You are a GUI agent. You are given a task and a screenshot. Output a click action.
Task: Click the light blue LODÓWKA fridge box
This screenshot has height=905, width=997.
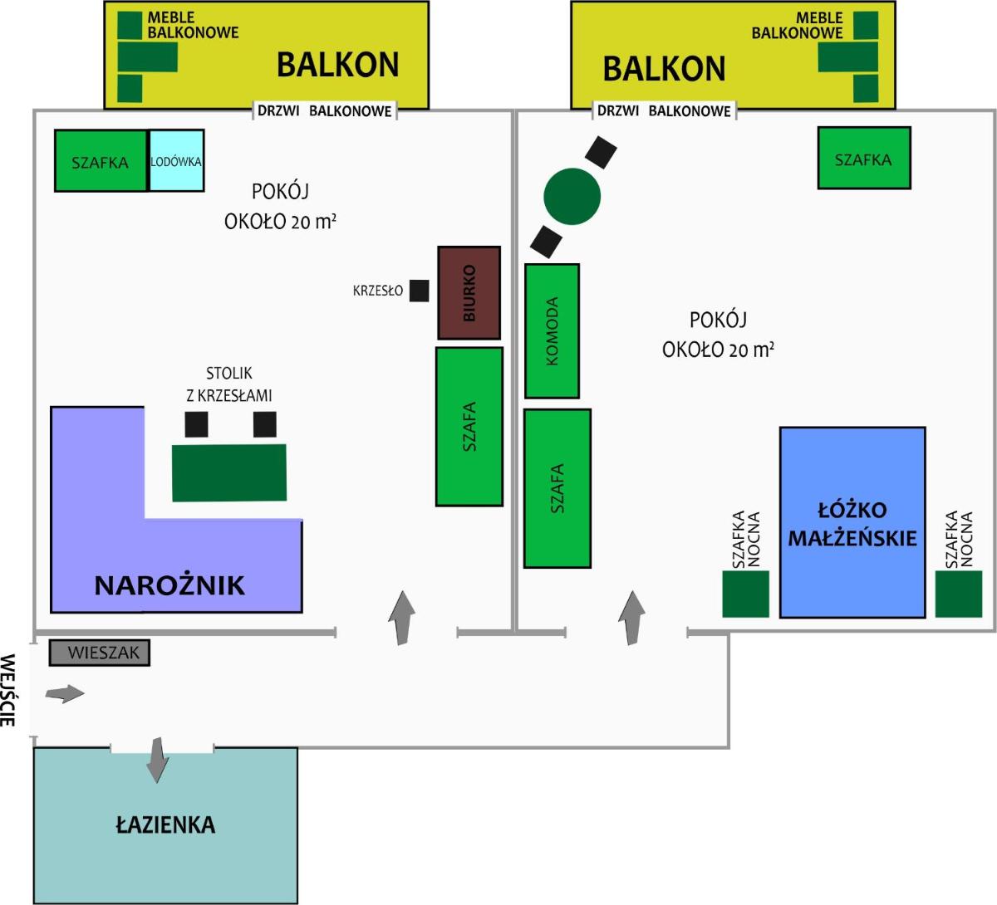[176, 160]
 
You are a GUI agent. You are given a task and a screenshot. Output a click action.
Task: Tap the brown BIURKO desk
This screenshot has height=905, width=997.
[469, 292]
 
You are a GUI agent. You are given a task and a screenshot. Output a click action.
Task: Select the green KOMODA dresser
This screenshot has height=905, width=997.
[553, 330]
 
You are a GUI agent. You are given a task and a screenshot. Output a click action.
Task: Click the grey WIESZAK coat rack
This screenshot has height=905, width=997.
[100, 652]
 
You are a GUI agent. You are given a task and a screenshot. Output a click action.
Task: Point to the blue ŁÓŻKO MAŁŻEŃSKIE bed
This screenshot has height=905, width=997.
[852, 522]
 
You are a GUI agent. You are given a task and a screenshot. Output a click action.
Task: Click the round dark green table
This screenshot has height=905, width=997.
[572, 196]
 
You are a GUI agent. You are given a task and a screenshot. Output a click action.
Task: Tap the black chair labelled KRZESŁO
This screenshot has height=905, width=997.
[419, 291]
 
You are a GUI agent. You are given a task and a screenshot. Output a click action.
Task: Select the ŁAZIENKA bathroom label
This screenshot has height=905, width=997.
[165, 824]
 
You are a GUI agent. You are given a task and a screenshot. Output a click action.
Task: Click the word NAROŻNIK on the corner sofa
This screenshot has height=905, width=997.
[169, 585]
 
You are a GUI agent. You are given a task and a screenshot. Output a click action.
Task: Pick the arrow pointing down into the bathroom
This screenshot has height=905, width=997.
[158, 760]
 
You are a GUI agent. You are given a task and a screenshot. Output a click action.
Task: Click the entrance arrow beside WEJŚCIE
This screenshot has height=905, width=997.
[65, 693]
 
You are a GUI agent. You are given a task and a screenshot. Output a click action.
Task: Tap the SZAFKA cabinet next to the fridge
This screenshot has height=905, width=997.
[101, 160]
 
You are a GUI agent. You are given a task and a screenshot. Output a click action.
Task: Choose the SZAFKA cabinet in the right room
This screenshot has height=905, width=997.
[864, 158]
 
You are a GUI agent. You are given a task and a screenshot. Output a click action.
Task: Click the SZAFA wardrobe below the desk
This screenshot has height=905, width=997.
[469, 427]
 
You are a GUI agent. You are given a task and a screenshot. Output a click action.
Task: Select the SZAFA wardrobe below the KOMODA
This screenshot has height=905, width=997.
[557, 488]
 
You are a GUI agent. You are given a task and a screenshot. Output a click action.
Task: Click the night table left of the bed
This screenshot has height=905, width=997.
[745, 594]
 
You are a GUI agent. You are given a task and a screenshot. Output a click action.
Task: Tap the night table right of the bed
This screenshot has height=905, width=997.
[959, 594]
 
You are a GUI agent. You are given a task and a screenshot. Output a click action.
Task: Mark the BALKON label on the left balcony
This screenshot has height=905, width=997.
[338, 65]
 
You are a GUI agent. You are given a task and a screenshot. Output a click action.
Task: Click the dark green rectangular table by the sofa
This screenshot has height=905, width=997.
[229, 473]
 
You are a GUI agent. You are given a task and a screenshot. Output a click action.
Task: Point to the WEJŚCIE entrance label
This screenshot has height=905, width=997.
[8, 690]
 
